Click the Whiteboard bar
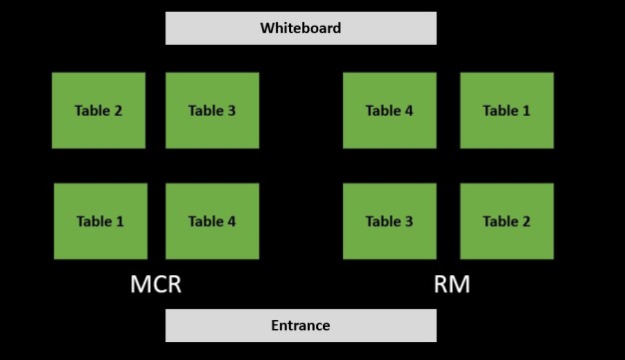tap(300, 28)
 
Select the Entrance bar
tap(300, 325)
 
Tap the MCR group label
tap(156, 285)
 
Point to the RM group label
tap(452, 285)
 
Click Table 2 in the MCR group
tap(99, 111)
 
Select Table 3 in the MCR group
tap(211, 111)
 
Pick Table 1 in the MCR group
tap(99, 221)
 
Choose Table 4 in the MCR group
tap(211, 221)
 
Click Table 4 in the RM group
tap(389, 111)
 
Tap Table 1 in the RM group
tap(506, 111)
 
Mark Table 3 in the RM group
tap(389, 221)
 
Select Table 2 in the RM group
tap(506, 221)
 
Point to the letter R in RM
tap(442, 285)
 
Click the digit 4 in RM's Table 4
tap(409, 111)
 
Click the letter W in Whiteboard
tap(266, 28)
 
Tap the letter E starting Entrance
tap(275, 325)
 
